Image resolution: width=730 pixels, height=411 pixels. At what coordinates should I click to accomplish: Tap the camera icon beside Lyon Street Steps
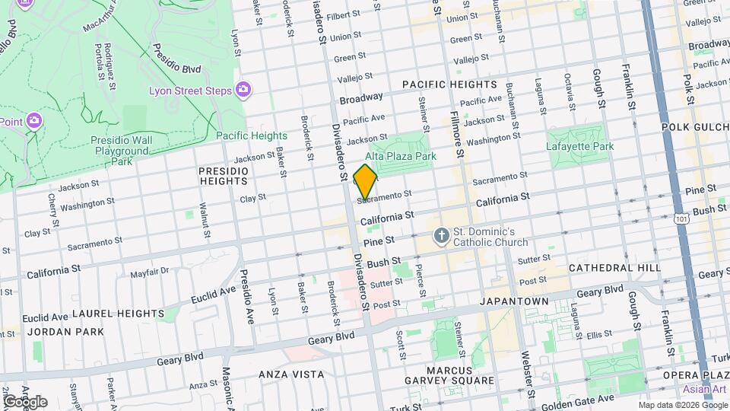243,91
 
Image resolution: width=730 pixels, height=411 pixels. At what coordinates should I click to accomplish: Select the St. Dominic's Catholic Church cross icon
441,237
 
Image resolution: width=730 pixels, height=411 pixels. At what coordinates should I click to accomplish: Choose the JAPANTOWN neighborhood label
514,301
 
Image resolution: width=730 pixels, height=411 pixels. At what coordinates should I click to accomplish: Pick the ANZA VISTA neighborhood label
291,374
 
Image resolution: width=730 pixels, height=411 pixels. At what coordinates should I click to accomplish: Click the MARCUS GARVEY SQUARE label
461,375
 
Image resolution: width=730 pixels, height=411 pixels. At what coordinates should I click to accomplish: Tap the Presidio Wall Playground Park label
122,151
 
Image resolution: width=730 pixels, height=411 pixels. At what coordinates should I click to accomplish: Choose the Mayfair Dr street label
149,272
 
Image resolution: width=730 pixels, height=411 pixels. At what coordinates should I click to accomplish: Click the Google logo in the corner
25,402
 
